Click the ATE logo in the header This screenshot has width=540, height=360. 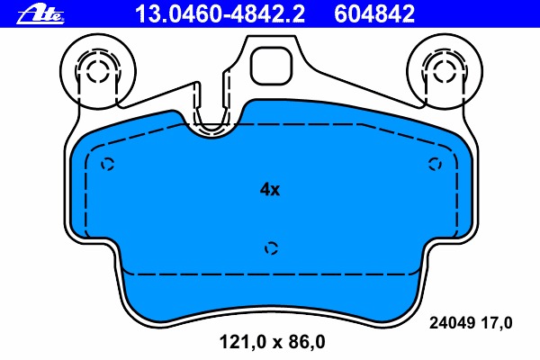pos(40,14)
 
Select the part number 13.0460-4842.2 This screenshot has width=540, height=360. pos(220,13)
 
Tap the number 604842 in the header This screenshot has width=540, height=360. pos(374,13)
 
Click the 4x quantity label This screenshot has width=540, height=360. pos(270,189)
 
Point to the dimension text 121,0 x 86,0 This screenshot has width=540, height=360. pos(272,342)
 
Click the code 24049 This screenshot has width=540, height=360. pos(453,323)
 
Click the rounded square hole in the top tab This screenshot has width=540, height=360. pos(271,66)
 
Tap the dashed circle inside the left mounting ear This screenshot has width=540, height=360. pos(97,71)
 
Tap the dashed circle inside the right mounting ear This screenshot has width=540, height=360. pos(445,71)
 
